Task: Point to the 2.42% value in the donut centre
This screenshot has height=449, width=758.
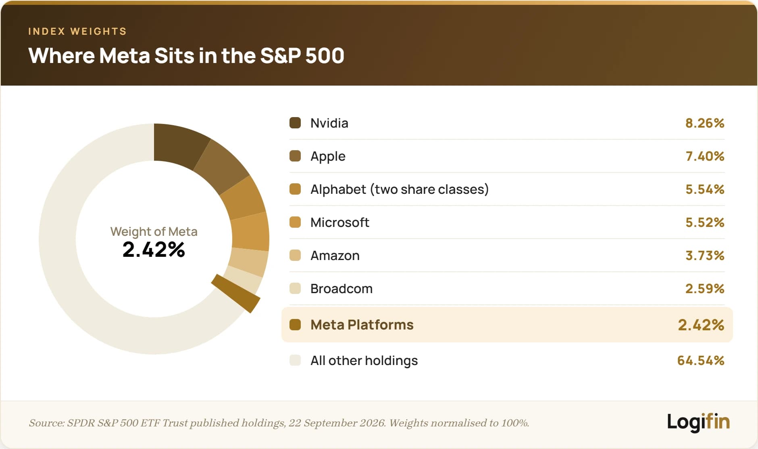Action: pos(154,249)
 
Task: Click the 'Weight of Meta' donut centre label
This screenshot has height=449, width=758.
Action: pos(154,231)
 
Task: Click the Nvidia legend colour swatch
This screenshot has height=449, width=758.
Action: pos(295,123)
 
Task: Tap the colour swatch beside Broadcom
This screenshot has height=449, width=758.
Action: pos(295,288)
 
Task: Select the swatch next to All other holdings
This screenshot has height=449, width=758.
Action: pos(295,360)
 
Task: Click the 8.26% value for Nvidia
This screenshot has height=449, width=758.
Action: pos(705,123)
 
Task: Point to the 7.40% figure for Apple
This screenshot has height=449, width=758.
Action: pos(705,156)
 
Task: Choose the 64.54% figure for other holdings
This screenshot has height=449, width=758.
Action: pos(701,360)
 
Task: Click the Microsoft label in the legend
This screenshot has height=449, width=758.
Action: pos(339,222)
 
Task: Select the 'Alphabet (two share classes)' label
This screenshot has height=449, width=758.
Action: pos(400,189)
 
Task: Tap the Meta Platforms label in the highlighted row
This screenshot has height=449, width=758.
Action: pos(362,325)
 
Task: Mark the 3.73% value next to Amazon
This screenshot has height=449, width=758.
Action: pos(705,255)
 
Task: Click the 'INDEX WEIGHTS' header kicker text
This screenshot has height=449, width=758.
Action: pos(77,31)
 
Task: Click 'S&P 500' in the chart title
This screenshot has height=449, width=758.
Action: pos(302,55)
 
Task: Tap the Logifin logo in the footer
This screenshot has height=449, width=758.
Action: pos(698,422)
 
